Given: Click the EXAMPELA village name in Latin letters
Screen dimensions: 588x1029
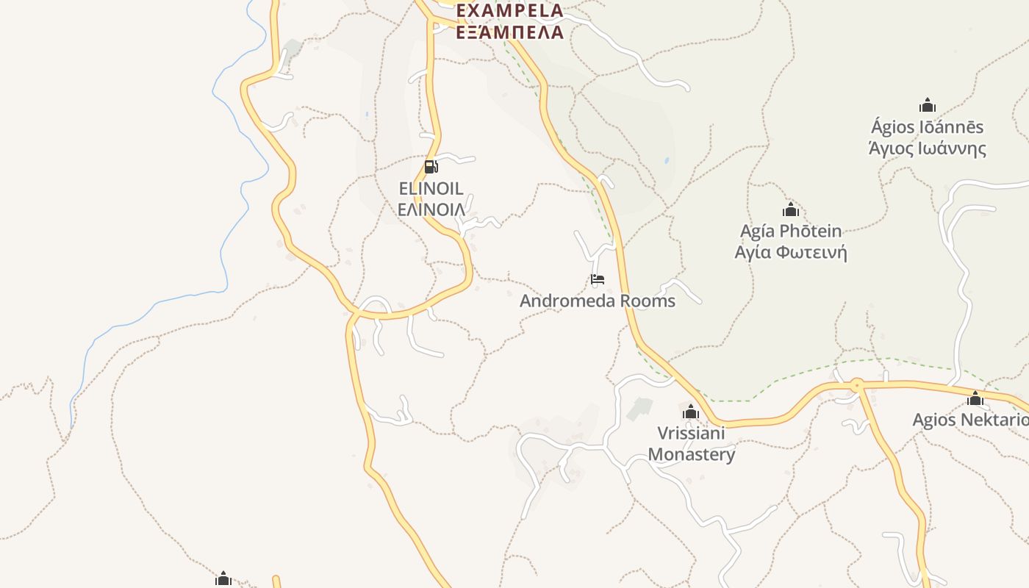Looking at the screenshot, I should point(510,10).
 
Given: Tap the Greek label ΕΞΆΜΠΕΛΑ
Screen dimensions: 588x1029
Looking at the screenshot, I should point(510,32).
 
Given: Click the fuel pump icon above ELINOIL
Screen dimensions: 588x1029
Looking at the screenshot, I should point(431,167).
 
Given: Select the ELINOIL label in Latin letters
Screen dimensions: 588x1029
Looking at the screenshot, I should point(431,188).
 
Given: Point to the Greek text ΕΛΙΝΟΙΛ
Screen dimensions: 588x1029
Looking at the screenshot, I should point(431,209).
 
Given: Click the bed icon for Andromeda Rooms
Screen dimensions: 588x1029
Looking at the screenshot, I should point(598,279).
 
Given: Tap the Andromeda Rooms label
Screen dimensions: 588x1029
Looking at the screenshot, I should point(598,301).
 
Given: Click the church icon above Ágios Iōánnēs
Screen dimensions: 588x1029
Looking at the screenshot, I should point(928,105).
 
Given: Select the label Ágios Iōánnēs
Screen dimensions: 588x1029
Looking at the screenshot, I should point(928,127).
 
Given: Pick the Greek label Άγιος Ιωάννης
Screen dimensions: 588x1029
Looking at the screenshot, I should point(928,148).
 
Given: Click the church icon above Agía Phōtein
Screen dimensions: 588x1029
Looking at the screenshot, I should point(791,209).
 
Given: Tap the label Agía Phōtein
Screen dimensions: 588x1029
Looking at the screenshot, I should point(791,232).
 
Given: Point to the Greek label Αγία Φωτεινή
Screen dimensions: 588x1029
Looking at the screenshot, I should point(791,253).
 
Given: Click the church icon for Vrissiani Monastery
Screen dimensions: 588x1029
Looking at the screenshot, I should point(691,412).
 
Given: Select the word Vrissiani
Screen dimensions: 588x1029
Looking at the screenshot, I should point(691,433).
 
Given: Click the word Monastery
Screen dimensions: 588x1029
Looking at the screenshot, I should point(691,454).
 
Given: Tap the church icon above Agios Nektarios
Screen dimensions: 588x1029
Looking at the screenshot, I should point(975,398).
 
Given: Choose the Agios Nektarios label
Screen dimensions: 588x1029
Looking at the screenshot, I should point(970,420).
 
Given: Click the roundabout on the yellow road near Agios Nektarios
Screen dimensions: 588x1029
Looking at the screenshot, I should point(856,384).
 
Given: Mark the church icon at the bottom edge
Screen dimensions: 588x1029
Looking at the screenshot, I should point(223,579).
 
